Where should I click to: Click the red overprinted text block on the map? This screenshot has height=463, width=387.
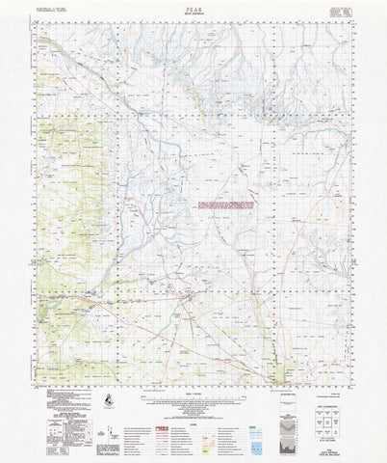pos(224,205)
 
